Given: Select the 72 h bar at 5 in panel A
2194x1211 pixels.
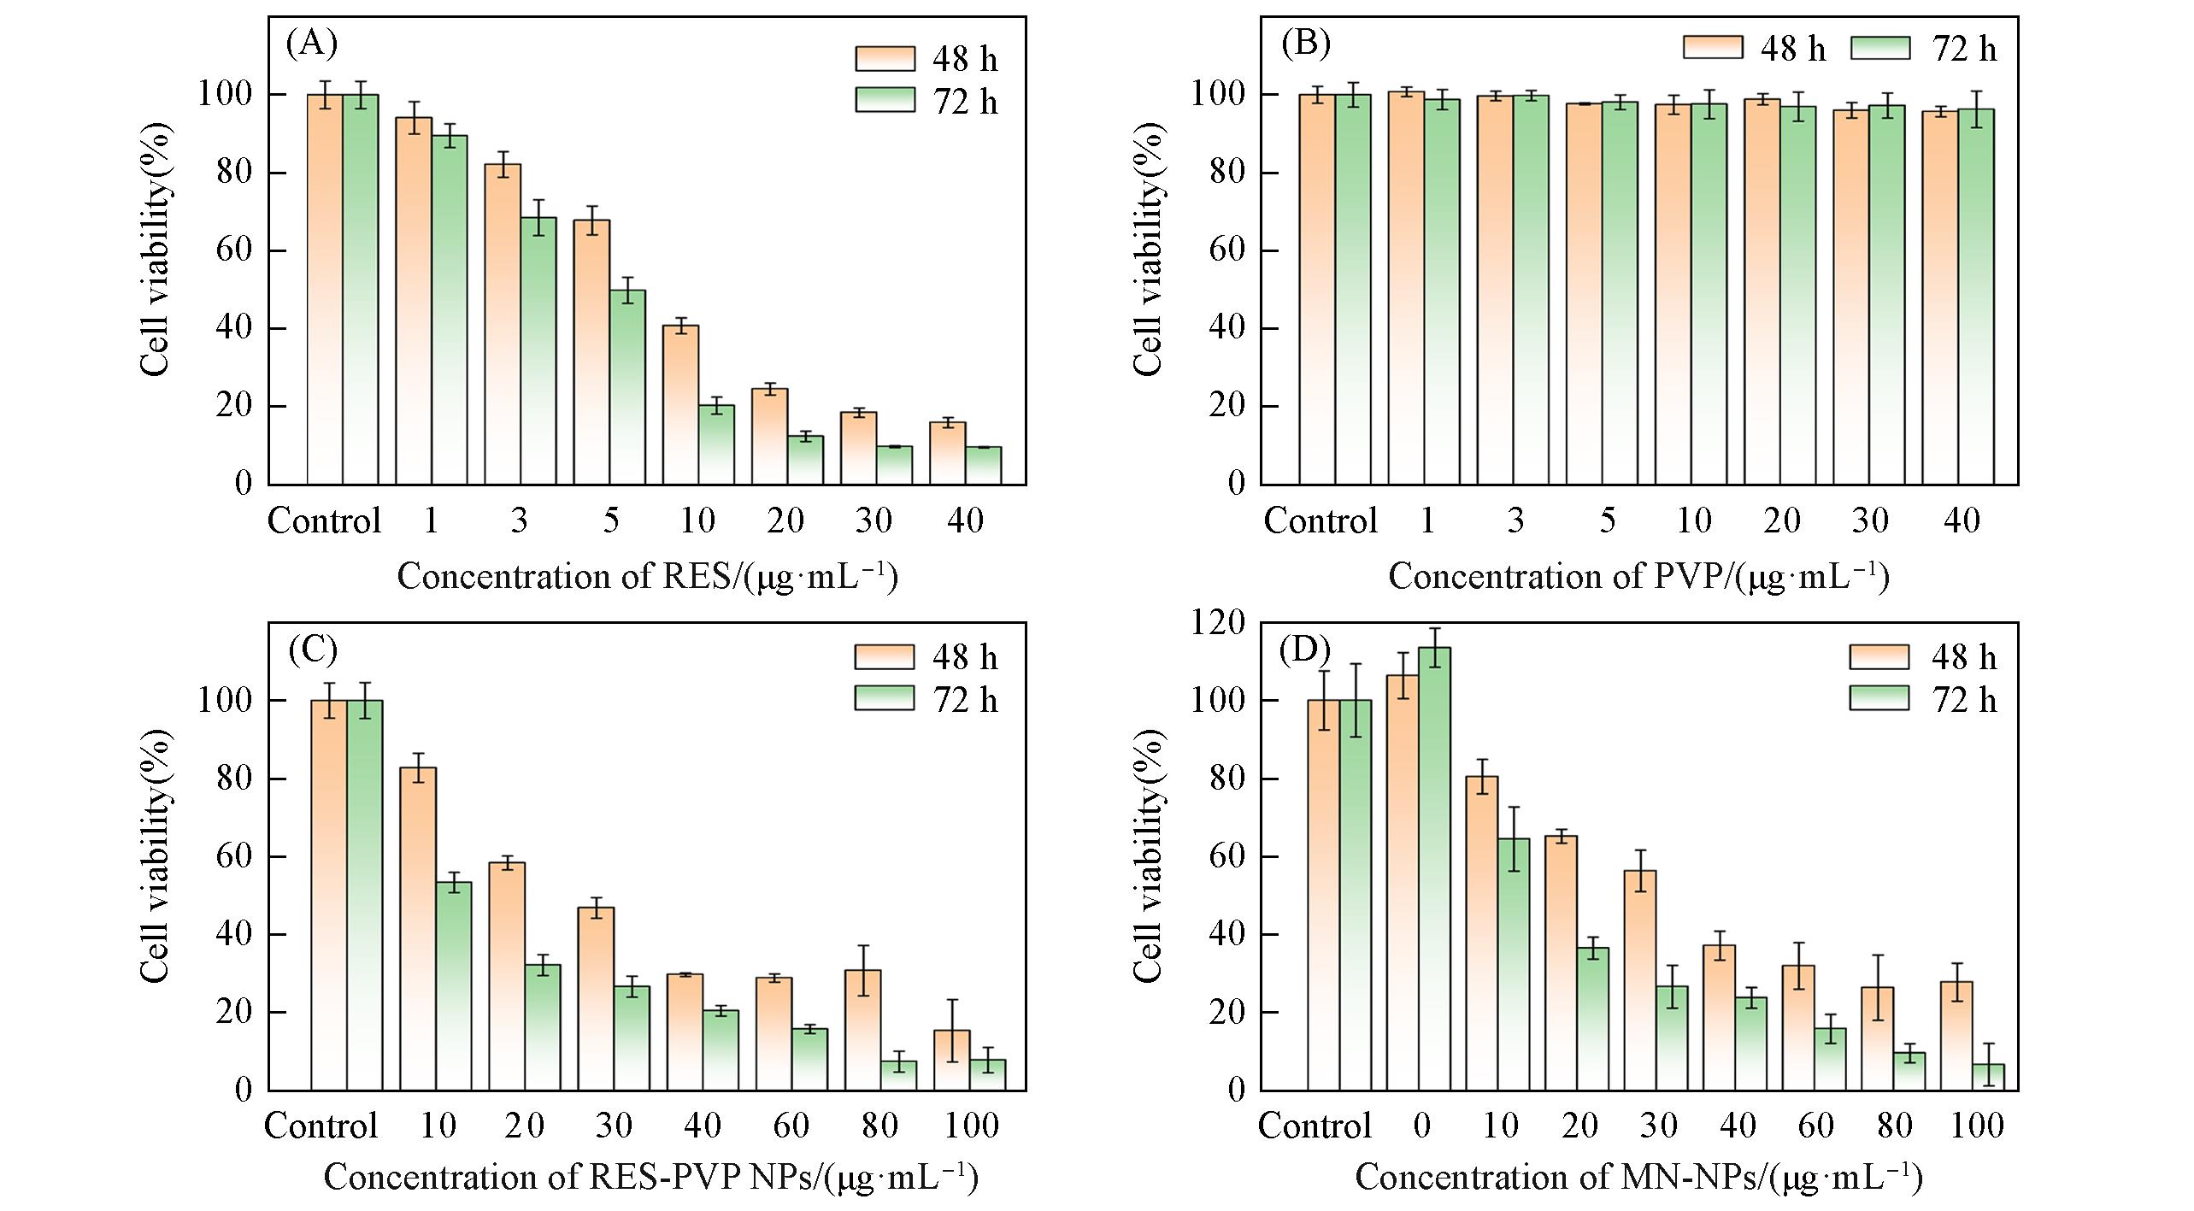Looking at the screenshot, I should pos(627,387).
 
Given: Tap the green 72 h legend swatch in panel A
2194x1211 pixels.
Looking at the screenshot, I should pos(885,100).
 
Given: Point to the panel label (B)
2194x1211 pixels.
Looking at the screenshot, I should pos(1305,43).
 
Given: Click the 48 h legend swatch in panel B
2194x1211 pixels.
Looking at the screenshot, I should pos(1712,47).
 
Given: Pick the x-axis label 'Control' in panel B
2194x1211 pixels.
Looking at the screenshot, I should pos(1320,520).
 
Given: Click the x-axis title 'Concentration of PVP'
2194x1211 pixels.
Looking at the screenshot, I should pos(1638,577).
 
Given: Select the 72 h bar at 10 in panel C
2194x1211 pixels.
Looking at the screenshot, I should pos(454,986).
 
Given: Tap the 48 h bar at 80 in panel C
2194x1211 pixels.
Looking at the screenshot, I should pos(862,1030).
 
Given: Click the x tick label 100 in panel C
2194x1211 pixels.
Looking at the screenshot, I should pos(972,1126).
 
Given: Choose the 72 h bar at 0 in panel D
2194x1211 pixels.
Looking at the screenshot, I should pos(1433,868).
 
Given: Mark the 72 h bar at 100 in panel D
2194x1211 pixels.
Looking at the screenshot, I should pos(1988,1077).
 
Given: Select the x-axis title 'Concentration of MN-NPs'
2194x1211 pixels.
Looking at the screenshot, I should pos(1638,1178).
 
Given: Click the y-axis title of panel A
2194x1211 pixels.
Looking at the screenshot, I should pos(156,250).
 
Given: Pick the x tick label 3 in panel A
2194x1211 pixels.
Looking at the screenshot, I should pos(519,520).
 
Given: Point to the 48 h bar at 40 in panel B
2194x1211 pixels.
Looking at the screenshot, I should pos(1939,298).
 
